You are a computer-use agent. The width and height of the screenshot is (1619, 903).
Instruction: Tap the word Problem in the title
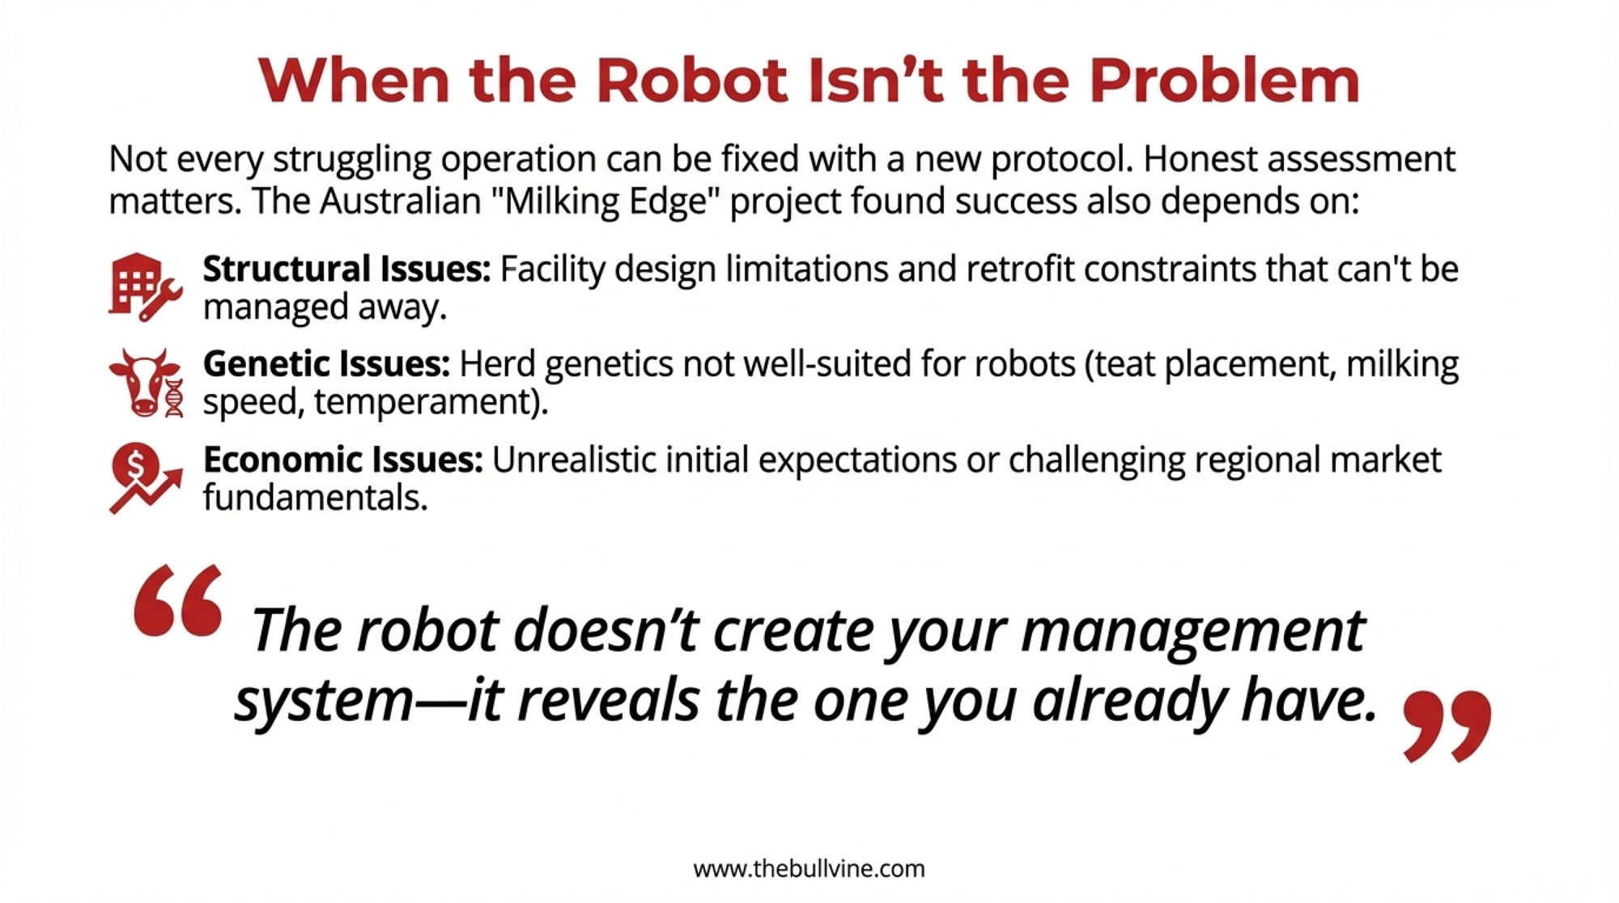coord(1224,80)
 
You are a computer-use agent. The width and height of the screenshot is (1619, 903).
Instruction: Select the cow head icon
coord(147,383)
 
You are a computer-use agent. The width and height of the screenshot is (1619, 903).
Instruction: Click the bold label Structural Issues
coord(346,269)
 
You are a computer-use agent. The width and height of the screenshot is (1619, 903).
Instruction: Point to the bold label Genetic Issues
coord(326,364)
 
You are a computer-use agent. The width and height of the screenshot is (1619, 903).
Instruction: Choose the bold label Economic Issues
coord(343,460)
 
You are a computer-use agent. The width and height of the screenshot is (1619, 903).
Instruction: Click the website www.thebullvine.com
coord(809,869)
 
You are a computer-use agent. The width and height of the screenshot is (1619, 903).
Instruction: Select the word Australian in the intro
coord(401,201)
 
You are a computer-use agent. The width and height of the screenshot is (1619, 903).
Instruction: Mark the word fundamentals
coord(315,497)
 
